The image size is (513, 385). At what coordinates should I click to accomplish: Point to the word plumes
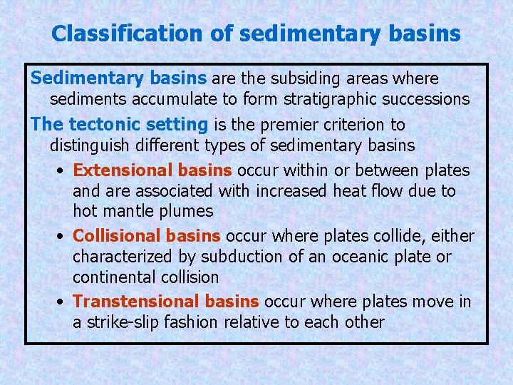coord(187,211)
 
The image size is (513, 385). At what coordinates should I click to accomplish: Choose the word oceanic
coord(353,256)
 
